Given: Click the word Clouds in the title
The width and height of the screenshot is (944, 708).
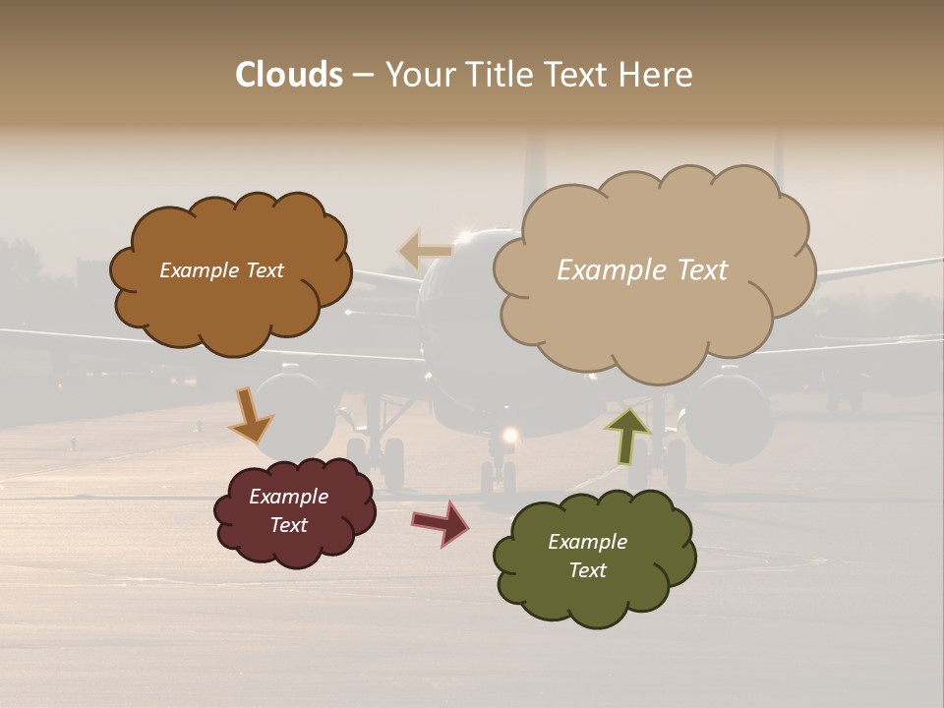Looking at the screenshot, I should [x=289, y=75].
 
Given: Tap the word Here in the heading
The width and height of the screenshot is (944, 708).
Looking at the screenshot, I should [x=659, y=75].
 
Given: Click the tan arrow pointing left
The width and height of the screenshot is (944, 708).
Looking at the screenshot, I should [x=425, y=252].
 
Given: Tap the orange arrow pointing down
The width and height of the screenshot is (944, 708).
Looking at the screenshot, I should [x=250, y=416].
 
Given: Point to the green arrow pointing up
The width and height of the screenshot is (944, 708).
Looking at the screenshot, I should [x=627, y=434].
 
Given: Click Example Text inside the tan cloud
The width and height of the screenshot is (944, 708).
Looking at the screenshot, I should [x=642, y=270].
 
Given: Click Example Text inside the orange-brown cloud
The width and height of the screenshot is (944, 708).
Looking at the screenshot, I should [x=221, y=270].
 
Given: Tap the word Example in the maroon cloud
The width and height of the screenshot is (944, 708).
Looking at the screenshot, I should [x=288, y=497].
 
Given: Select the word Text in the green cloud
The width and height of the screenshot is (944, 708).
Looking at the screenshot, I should [x=587, y=570].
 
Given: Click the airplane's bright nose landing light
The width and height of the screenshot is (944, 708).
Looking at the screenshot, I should [x=509, y=435].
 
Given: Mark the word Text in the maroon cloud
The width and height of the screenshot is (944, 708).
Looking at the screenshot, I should [x=288, y=525].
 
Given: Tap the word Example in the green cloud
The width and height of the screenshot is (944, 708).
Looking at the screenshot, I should [x=587, y=542].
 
